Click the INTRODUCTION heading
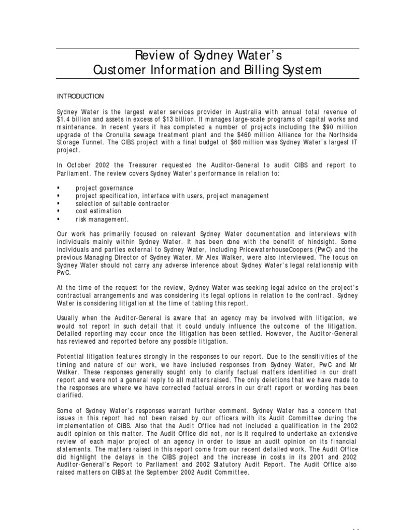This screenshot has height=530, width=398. [x=80, y=96]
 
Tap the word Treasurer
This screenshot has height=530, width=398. [x=150, y=165]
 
